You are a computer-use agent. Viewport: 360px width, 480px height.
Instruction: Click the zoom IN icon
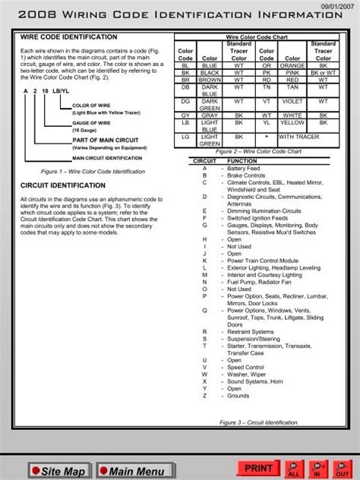[x=319, y=469]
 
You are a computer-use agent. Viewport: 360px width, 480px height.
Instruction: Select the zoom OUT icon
[x=343, y=469]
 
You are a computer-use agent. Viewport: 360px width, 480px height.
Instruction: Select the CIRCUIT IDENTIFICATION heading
[x=52, y=185]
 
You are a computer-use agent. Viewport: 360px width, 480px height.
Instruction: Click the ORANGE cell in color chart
[x=292, y=65]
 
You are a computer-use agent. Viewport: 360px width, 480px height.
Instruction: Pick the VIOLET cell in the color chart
[x=292, y=99]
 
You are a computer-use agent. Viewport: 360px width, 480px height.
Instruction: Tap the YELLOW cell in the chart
[x=292, y=122]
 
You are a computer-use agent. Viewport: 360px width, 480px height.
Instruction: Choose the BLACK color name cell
[x=209, y=72]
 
